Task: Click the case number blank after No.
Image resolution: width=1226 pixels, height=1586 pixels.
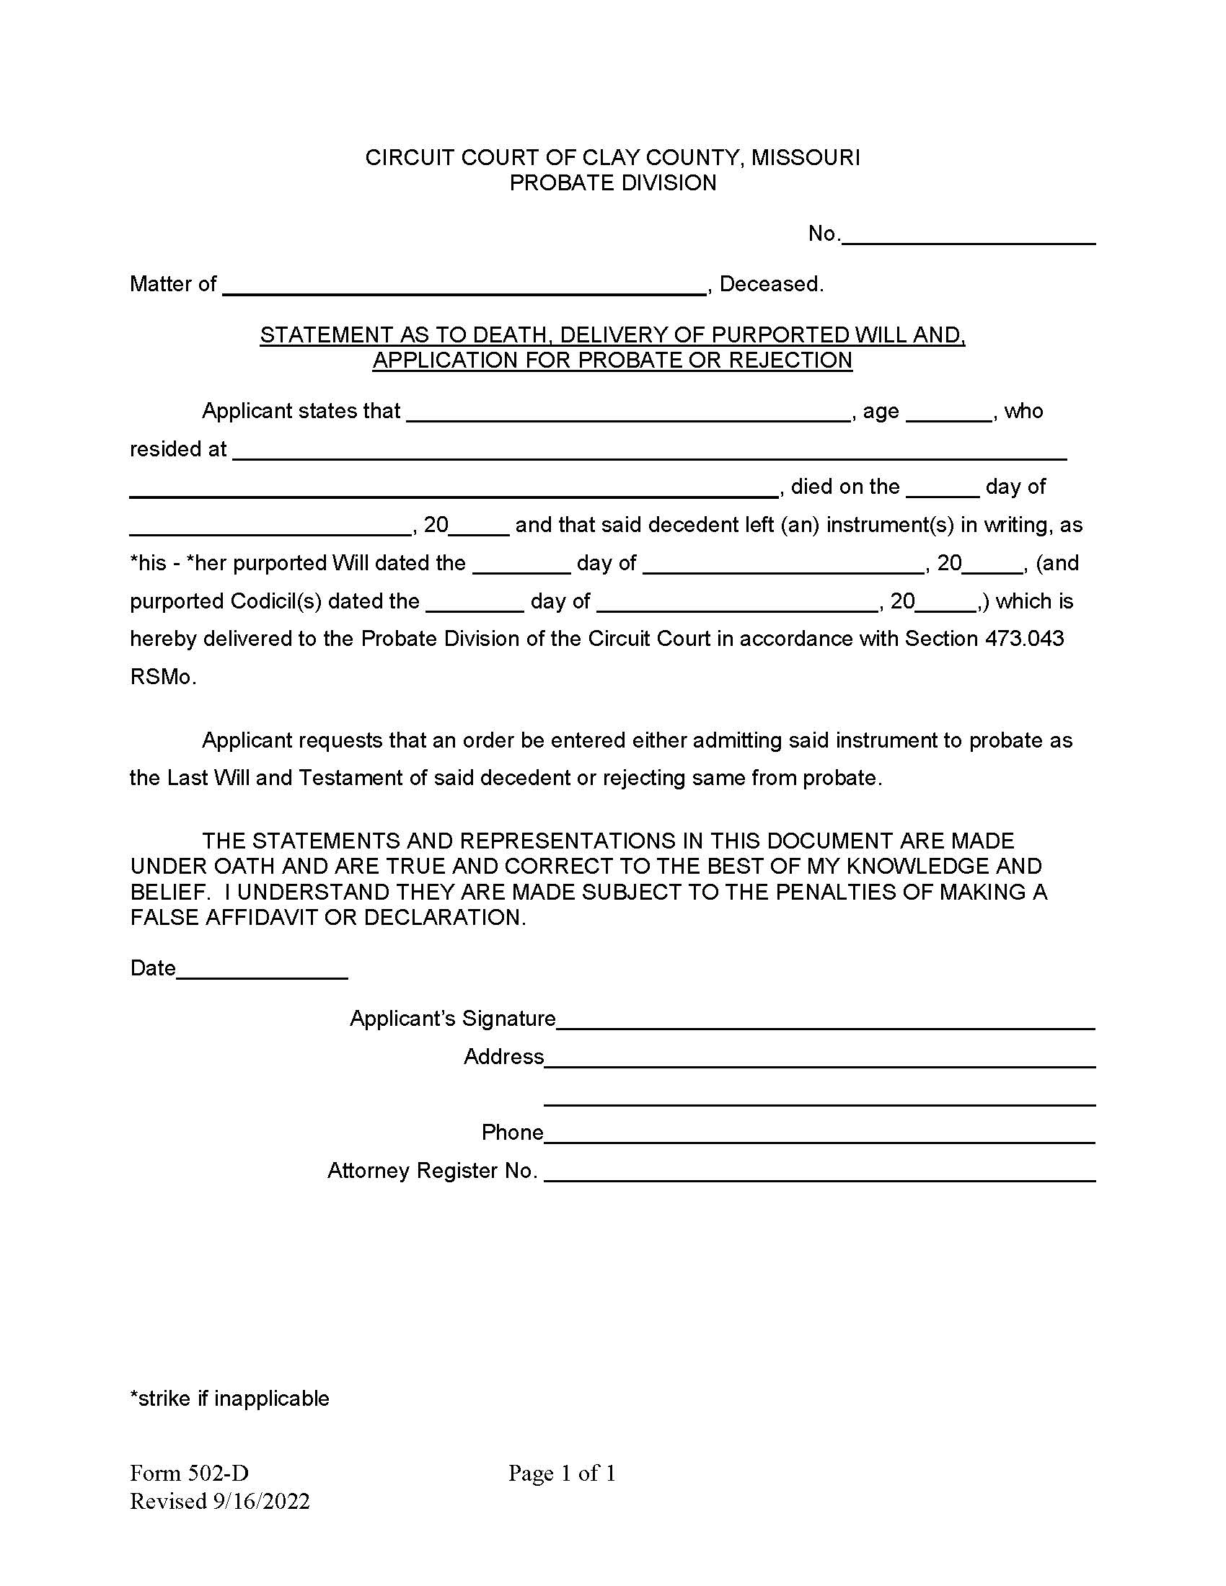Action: coord(967,236)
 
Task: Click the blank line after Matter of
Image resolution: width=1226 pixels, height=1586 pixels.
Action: coord(465,286)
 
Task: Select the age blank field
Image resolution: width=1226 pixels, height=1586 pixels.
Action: coord(949,413)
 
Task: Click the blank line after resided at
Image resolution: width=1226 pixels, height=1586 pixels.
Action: coord(648,452)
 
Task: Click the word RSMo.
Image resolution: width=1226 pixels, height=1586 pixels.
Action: coord(163,677)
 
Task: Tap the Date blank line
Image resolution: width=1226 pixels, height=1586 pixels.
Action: coord(263,970)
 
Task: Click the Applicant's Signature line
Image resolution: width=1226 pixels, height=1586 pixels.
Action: coord(825,1020)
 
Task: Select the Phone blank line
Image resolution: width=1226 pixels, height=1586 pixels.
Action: coord(819,1134)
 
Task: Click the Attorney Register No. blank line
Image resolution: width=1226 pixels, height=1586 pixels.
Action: coord(819,1172)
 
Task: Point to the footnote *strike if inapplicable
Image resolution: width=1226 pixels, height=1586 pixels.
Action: coord(229,1399)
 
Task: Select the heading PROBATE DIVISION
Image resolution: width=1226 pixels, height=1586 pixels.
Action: coord(612,183)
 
